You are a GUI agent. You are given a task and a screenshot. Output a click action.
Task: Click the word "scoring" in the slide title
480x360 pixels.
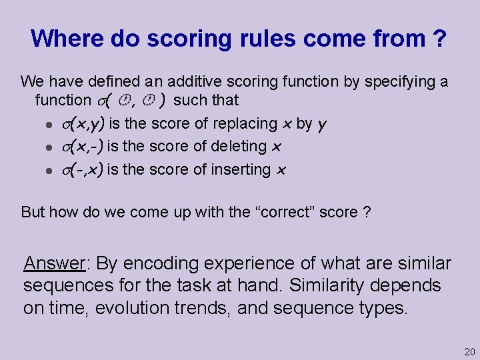coord(166,39)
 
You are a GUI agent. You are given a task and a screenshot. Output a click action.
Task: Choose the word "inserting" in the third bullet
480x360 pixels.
coord(241,170)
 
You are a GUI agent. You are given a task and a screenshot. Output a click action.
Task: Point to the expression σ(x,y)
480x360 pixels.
coord(81,124)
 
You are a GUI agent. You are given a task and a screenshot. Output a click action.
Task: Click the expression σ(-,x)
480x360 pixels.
coord(81,170)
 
